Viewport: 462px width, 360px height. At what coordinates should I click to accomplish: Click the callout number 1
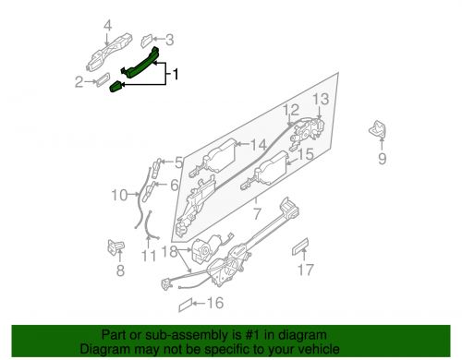[x=177, y=72]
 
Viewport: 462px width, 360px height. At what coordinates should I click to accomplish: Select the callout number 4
[x=108, y=25]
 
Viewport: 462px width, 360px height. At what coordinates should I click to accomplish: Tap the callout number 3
[x=169, y=40]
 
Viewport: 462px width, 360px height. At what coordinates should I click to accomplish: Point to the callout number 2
[x=79, y=82]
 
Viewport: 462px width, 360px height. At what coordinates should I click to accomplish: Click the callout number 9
[x=381, y=159]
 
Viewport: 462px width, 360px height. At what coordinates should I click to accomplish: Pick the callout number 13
[x=319, y=100]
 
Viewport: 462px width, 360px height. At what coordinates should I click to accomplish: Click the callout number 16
[x=215, y=302]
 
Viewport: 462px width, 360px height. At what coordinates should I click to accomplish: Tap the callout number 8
[x=119, y=271]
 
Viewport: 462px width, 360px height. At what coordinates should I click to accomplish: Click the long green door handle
[x=143, y=63]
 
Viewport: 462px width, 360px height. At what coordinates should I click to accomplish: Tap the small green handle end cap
[x=117, y=87]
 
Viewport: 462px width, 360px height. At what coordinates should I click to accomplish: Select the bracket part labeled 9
[x=380, y=130]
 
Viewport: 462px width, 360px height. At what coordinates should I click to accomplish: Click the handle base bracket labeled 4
[x=108, y=54]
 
